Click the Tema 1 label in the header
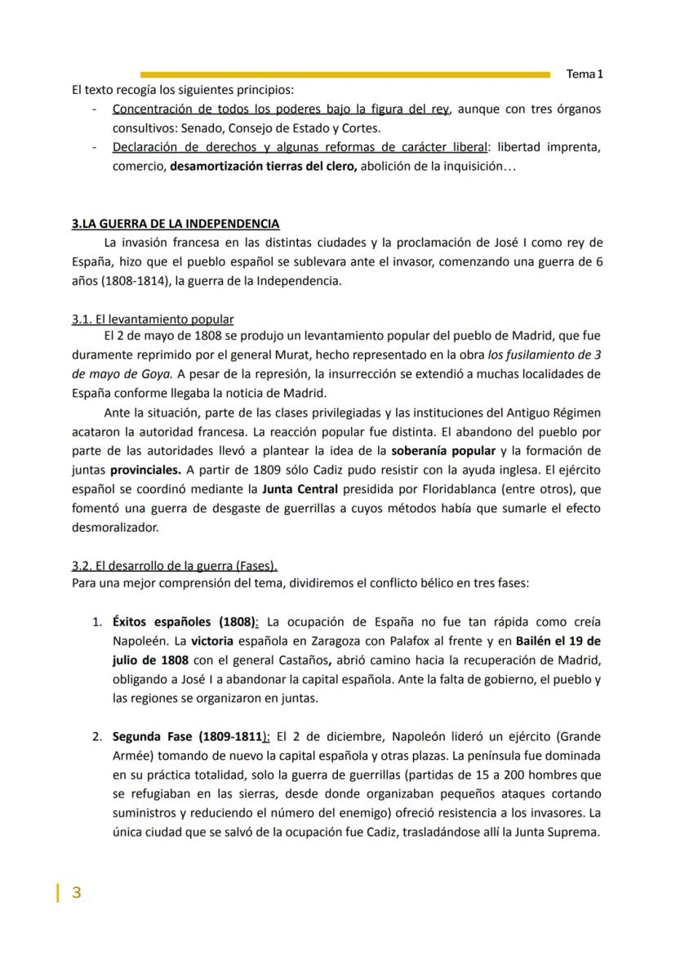585,74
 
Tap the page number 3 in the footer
77,892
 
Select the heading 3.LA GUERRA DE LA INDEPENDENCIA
176,224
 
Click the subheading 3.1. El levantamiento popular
153,319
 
